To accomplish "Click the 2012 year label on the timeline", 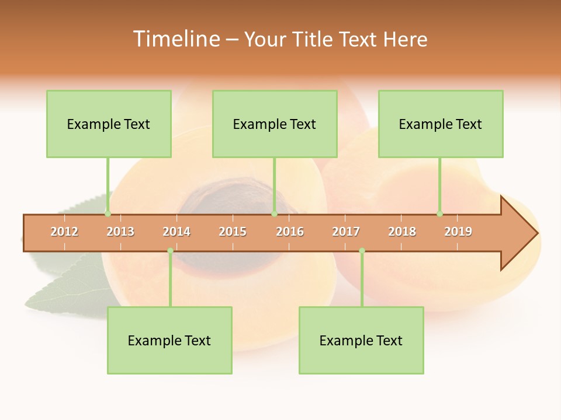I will click(64, 232).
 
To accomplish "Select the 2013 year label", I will click(120, 232).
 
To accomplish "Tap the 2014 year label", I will click(176, 232).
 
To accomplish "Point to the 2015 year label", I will click(233, 232).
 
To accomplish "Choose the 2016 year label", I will click(290, 232).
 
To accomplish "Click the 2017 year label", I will click(346, 232).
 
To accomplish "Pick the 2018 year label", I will click(402, 232).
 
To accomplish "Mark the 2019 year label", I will click(458, 232).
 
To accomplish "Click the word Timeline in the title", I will click(176, 39).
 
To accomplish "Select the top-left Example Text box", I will click(109, 124).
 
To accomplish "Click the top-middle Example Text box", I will click(275, 124).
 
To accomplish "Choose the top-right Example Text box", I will click(441, 124).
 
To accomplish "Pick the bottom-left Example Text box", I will click(169, 340).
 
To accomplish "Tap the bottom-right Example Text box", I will click(361, 340).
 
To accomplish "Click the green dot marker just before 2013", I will click(108, 213).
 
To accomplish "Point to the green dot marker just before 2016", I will click(274, 213).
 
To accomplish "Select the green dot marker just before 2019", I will click(439, 213).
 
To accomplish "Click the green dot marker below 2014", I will click(170, 250).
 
